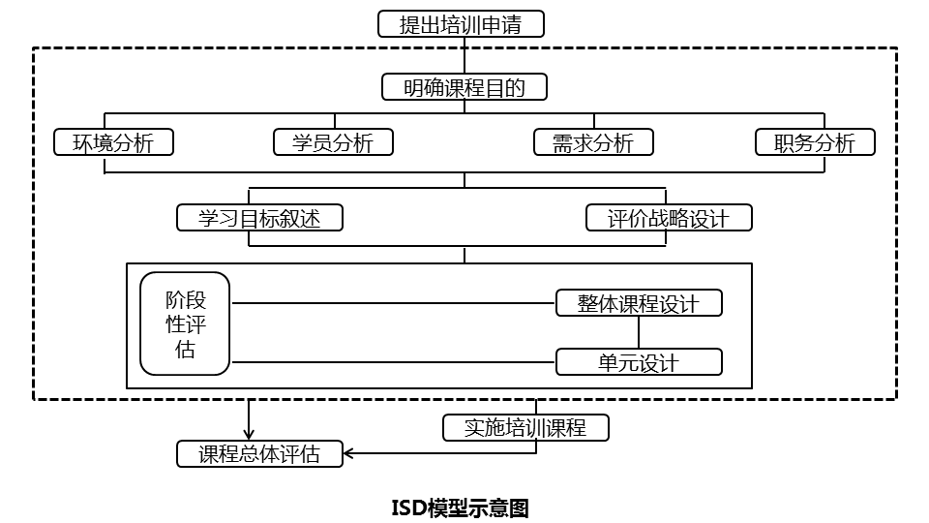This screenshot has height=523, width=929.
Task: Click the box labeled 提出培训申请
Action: (x=461, y=24)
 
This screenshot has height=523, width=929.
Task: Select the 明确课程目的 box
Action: (x=464, y=87)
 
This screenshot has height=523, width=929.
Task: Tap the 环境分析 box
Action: (x=114, y=142)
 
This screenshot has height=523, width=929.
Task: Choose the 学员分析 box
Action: (x=334, y=142)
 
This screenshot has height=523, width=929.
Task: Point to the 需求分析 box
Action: (x=593, y=142)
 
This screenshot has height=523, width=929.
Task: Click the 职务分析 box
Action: (x=815, y=142)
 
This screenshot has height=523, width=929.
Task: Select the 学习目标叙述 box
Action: (x=260, y=218)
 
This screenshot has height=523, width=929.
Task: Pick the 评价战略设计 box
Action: (x=669, y=218)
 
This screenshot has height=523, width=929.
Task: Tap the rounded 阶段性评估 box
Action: (x=186, y=323)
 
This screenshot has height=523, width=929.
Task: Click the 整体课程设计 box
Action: (x=639, y=303)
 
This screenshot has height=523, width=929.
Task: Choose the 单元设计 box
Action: (x=639, y=363)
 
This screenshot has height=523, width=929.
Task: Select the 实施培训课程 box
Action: (x=525, y=427)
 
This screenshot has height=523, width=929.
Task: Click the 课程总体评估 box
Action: (x=260, y=453)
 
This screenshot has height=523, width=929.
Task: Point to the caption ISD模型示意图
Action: (x=460, y=508)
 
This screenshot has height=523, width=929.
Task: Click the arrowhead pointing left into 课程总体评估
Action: (x=351, y=453)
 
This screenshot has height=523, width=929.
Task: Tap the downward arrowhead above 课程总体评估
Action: (x=250, y=433)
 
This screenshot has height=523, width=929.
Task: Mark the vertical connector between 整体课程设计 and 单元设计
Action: (x=639, y=333)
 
